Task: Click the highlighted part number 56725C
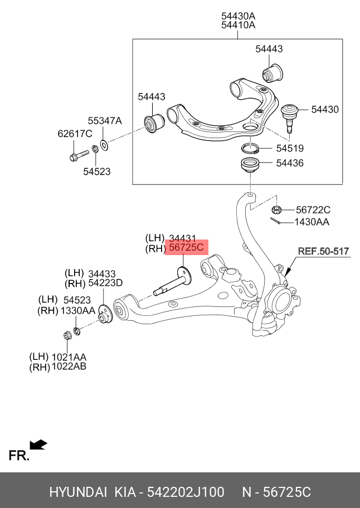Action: coord(186,248)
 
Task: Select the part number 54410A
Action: coord(238,25)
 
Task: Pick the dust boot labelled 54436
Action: coord(250,165)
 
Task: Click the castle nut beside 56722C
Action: coord(275,210)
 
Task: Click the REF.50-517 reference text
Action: coord(323,251)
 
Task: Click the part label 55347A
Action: coord(104,120)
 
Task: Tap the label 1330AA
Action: coord(77,310)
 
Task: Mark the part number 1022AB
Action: coord(69,367)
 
